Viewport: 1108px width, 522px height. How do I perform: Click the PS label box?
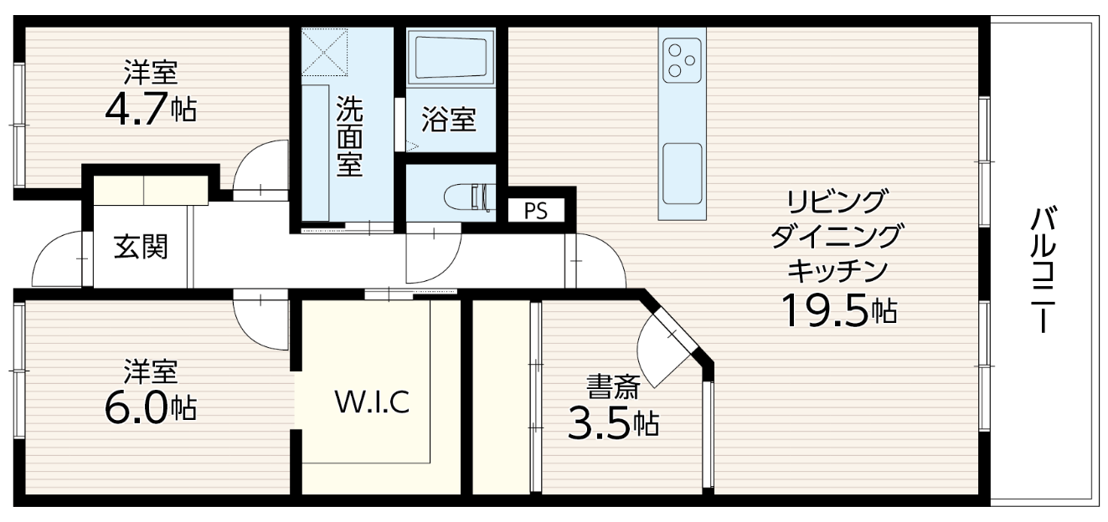click(536, 211)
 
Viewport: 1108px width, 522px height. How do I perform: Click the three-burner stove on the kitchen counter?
click(682, 59)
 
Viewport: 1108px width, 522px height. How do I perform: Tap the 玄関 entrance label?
click(141, 247)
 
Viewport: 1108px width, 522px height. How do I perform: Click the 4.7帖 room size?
click(151, 109)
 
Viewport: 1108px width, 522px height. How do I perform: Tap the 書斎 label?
click(613, 386)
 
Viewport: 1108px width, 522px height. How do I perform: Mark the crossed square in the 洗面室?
click(324, 51)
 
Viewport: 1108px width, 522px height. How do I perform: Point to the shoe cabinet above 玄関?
click(151, 190)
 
